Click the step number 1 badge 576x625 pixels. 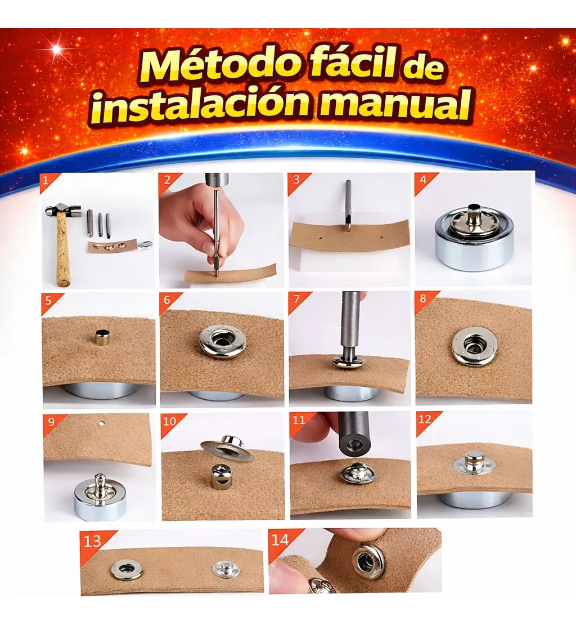pos(47,181)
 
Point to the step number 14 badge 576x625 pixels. pos(280,540)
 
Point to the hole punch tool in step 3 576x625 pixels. pos(348,206)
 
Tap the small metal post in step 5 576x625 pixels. pos(102,337)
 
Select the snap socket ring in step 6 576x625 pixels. pos(222,341)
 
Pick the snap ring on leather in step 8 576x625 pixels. pos(474,346)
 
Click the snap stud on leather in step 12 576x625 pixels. pos(474,462)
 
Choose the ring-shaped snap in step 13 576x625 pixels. pos(126,569)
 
